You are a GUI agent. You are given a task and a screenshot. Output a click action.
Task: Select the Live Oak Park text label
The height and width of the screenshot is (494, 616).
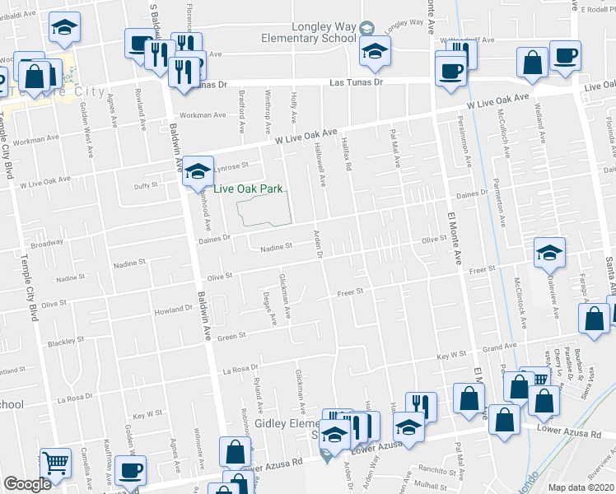[x=248, y=189]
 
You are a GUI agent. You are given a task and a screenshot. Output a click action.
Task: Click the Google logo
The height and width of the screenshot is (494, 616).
[x=27, y=484]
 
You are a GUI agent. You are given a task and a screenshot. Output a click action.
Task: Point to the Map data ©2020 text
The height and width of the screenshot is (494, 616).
[x=581, y=487]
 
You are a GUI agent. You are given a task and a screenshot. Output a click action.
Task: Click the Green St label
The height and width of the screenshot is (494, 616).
[x=231, y=336]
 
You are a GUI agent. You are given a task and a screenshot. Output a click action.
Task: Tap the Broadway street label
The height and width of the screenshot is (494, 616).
[x=47, y=244]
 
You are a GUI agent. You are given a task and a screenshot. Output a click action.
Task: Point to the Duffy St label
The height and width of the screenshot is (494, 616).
[x=145, y=186]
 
